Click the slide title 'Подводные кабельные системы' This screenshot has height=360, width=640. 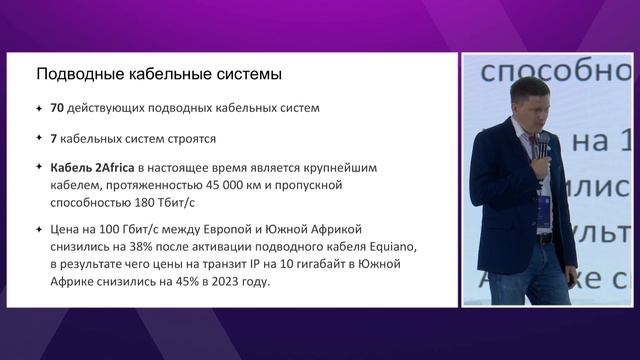[x=159, y=74]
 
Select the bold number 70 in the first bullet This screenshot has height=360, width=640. [x=57, y=108]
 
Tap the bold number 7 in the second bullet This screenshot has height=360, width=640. [x=53, y=138]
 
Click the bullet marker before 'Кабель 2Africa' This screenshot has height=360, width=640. [x=38, y=167]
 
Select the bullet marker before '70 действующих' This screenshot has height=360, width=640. [x=38, y=108]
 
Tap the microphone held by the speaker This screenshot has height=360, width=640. [x=541, y=148]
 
